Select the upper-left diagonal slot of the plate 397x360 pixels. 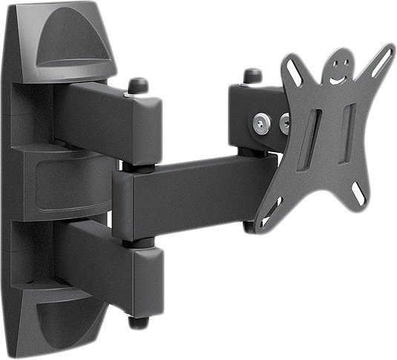click(x=297, y=71)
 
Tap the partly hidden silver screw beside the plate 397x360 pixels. click(x=284, y=121)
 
